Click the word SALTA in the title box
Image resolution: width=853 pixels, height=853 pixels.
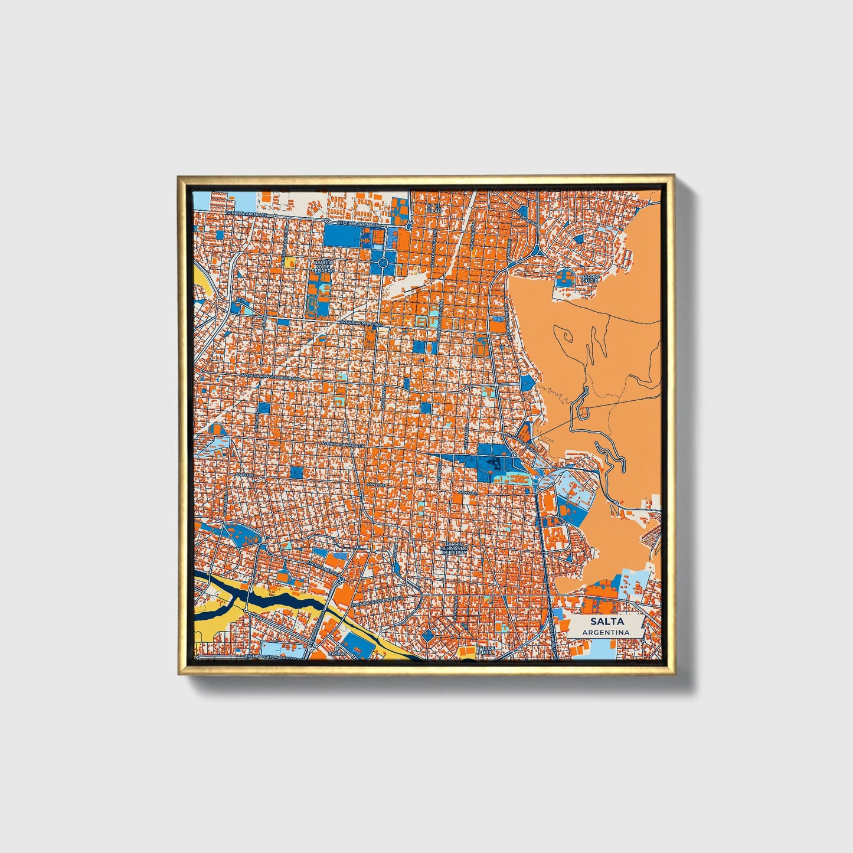click(x=604, y=622)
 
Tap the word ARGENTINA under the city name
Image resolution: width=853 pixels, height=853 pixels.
click(x=604, y=632)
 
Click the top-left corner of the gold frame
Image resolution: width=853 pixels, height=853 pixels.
click(x=179, y=177)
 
